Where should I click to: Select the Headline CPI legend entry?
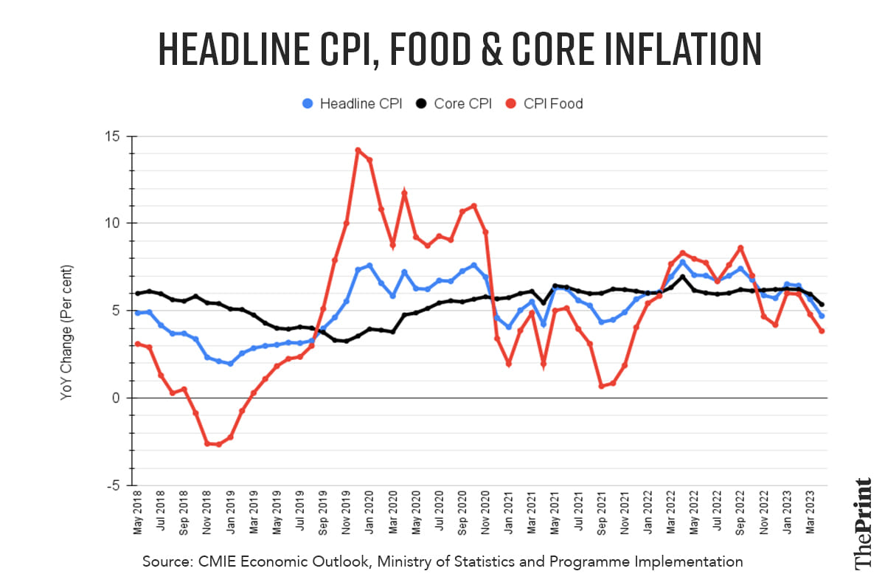[x=353, y=104]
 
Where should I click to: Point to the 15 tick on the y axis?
[x=112, y=137]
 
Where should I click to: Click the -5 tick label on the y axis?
[x=112, y=485]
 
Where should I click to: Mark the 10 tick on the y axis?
[x=112, y=224]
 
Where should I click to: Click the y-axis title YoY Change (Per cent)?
[x=66, y=332]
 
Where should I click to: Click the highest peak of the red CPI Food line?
[x=358, y=151]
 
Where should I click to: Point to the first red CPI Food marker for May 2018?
[x=138, y=344]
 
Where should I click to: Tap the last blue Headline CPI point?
[x=822, y=316]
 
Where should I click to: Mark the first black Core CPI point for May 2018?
[x=138, y=294]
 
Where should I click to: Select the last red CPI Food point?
[x=822, y=331]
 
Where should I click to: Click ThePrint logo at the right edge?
[x=862, y=524]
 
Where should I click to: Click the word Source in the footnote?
[x=167, y=562]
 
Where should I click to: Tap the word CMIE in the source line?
[x=219, y=562]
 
